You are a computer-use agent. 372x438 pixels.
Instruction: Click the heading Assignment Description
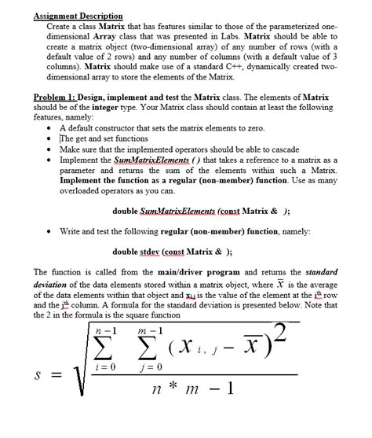click(78, 16)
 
